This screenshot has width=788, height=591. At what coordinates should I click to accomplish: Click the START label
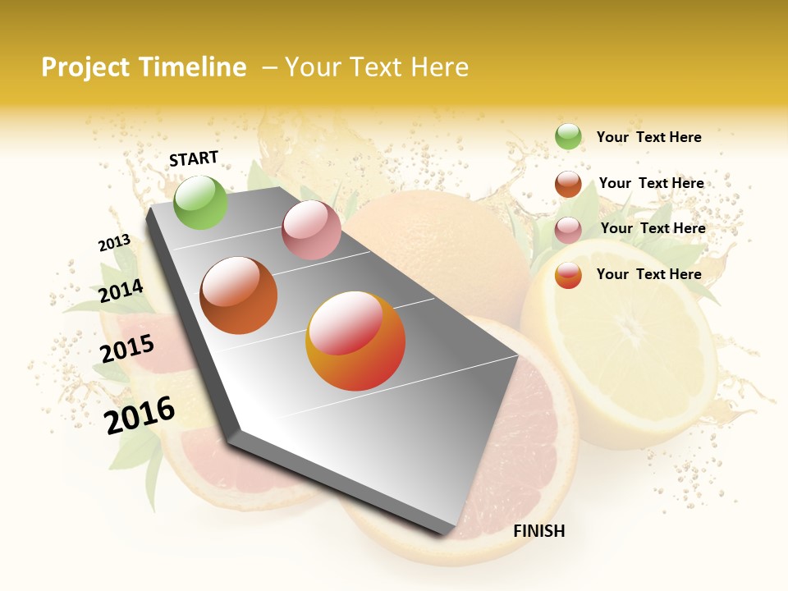pos(194,158)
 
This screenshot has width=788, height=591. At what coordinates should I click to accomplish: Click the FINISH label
pos(539,531)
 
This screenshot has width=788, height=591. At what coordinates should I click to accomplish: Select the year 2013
pos(114,243)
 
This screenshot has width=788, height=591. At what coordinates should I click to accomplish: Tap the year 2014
pos(121,291)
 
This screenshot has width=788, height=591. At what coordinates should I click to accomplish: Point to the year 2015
pos(127,349)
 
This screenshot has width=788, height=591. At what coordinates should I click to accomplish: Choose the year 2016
pos(140,415)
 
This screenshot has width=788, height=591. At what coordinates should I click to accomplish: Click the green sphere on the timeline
pos(201,202)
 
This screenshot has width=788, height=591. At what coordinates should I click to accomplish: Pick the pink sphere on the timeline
pos(311,230)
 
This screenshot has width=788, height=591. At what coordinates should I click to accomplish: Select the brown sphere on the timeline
pos(239,295)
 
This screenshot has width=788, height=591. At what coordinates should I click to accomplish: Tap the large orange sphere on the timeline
pos(355,341)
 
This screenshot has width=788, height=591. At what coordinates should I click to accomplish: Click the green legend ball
pos(568,137)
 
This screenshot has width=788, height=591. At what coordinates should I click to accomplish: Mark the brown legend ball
pos(568,184)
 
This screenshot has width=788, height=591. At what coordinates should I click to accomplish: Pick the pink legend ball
pos(568,230)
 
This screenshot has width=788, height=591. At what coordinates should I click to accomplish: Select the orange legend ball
pos(568,275)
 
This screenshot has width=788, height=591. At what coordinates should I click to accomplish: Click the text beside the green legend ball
pos(648,137)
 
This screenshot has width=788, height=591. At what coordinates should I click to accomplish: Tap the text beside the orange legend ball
pos(648,274)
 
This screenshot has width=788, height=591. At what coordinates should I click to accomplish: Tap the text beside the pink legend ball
pos(653,228)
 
